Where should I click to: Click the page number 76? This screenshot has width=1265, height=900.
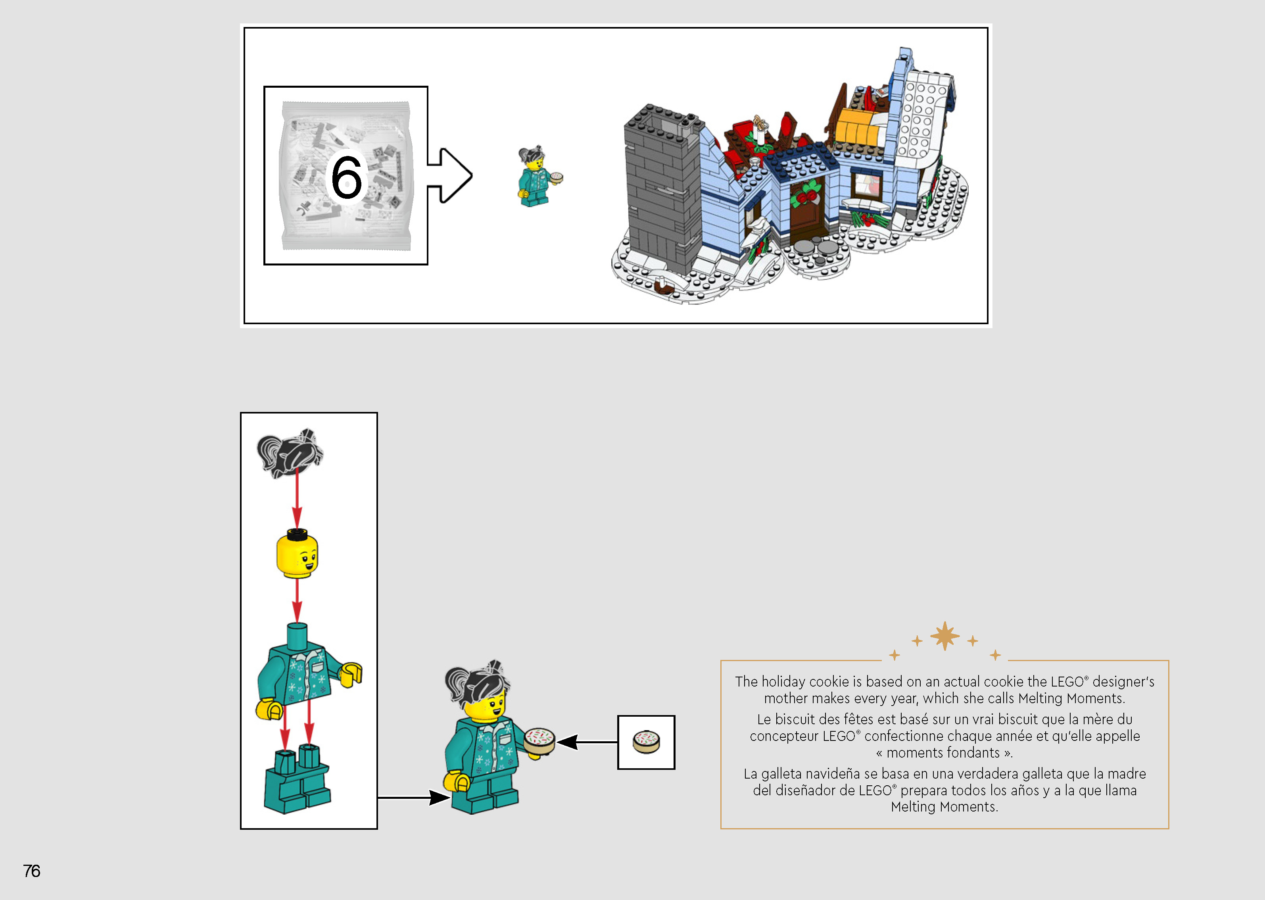pos(32,871)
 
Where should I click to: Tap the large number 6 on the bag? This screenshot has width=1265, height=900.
pos(346,177)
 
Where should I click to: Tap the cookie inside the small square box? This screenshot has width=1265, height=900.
pos(646,742)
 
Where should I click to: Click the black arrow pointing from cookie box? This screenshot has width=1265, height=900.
pos(587,742)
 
